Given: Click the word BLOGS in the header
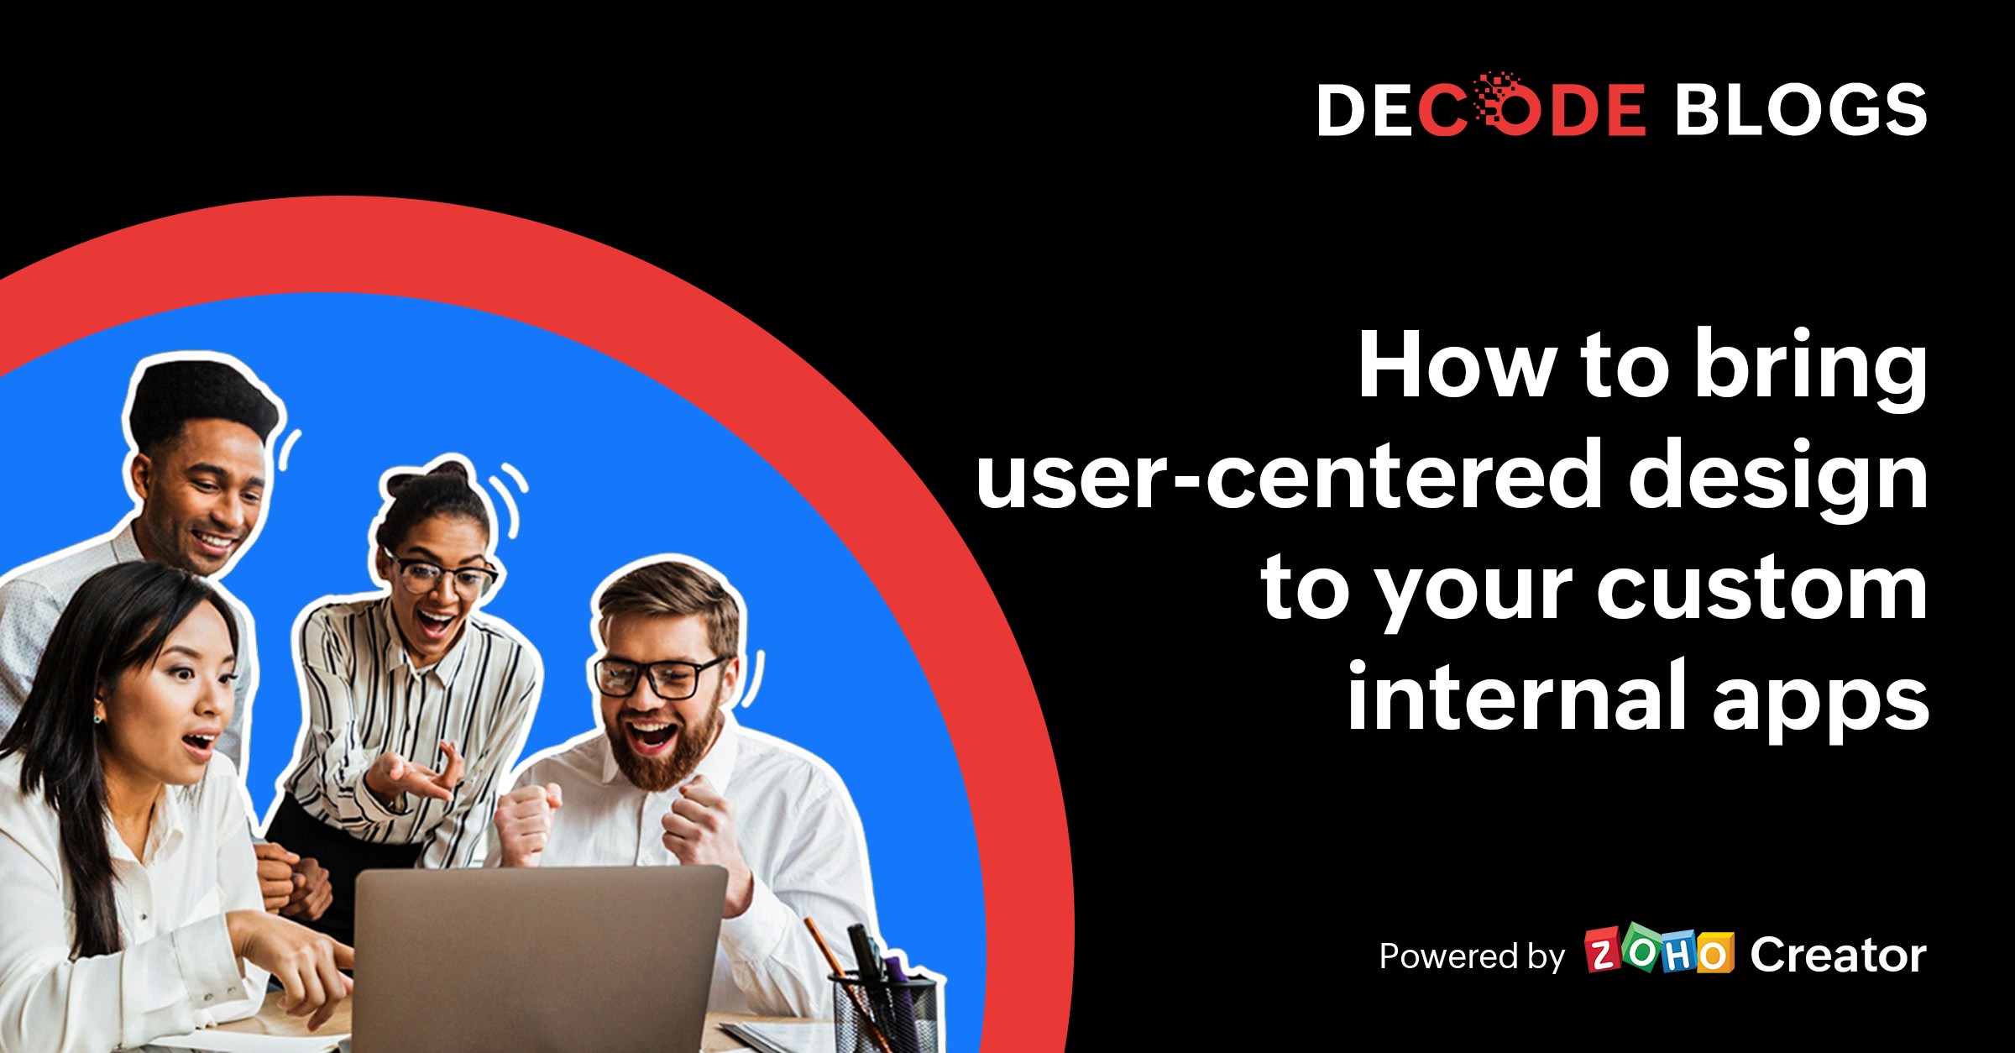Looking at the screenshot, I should pyautogui.click(x=1800, y=110).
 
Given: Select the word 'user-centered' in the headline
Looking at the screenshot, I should pyautogui.click(x=1290, y=477).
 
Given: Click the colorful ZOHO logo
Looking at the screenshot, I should pyautogui.click(x=1659, y=954).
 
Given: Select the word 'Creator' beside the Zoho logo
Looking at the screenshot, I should pyautogui.click(x=1838, y=956).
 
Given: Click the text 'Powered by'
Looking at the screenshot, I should pyautogui.click(x=1472, y=956).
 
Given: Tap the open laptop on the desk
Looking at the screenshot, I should pyautogui.click(x=537, y=957).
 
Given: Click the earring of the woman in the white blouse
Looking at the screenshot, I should pyautogui.click(x=98, y=718).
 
